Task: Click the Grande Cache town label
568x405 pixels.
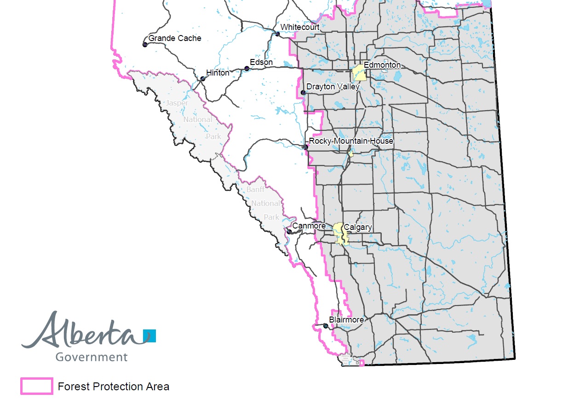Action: pos(175,38)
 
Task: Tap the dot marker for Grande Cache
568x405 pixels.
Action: pos(145,45)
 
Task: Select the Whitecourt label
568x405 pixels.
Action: pos(300,27)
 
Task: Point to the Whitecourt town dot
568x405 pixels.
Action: pos(277,34)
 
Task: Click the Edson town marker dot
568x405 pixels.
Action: pos(247,69)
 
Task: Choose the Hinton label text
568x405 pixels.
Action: pos(218,73)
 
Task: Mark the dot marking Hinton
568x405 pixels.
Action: pos(202,79)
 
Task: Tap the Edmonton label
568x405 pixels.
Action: pos(382,65)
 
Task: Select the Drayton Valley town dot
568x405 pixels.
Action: pos(303,93)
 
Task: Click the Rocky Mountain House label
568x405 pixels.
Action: pos(351,141)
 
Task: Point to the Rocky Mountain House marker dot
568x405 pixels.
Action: pos(305,147)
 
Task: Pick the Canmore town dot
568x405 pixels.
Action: pos(289,231)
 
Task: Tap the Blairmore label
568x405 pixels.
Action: pos(346,320)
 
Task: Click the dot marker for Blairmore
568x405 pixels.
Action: pos(326,326)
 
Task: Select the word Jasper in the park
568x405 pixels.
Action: pos(177,103)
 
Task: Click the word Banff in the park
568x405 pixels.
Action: pos(256,189)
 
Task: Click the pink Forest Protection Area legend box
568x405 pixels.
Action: pos(36,386)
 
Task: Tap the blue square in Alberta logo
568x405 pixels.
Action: pos(149,336)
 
